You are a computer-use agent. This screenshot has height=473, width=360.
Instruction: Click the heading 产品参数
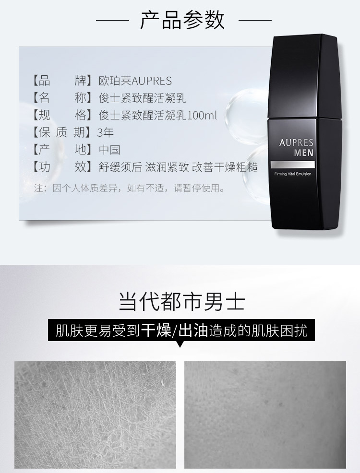pyautogui.click(x=182, y=20)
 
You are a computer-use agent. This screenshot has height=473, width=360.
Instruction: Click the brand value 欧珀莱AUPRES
pyautogui.click(x=135, y=81)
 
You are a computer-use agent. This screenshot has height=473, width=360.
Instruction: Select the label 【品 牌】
pyautogui.click(x=62, y=81)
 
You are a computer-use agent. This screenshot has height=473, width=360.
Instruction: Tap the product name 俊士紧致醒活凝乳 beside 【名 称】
pyautogui.click(x=143, y=98)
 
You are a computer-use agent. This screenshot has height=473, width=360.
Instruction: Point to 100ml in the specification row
pyautogui.click(x=202, y=115)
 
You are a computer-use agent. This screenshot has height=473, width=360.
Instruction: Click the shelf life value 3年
pyautogui.click(x=105, y=132)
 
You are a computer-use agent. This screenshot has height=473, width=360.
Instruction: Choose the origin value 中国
pyautogui.click(x=109, y=150)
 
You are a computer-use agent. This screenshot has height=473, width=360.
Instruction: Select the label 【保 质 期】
pyautogui.click(x=62, y=132)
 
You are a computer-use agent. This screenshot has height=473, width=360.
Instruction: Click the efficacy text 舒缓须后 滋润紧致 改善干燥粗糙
pyautogui.click(x=178, y=167)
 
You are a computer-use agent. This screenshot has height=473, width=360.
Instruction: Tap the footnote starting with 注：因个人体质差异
pyautogui.click(x=130, y=188)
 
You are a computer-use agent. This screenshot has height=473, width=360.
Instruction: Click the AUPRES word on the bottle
pyautogui.click(x=296, y=142)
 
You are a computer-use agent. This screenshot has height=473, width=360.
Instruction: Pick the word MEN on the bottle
pyautogui.click(x=304, y=153)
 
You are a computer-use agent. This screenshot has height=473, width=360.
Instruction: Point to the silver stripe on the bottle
pyautogui.click(x=293, y=165)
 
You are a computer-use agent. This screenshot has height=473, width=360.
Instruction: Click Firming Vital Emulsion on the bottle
pyautogui.click(x=293, y=174)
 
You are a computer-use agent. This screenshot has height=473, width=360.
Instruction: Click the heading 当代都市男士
pyautogui.click(x=181, y=301)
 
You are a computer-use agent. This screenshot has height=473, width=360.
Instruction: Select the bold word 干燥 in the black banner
pyautogui.click(x=156, y=331)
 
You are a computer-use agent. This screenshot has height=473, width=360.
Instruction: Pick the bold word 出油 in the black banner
pyautogui.click(x=193, y=331)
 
